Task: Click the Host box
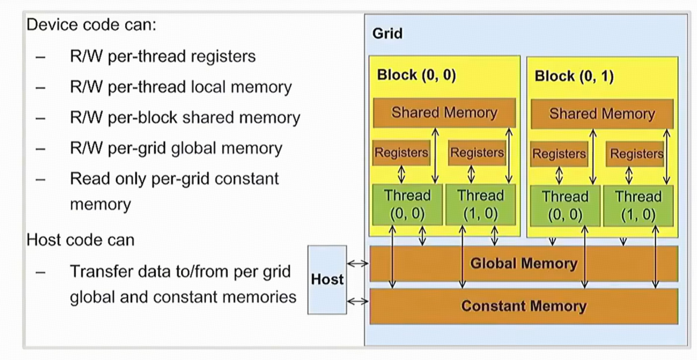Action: (327, 280)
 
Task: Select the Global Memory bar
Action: (524, 263)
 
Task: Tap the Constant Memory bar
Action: (524, 306)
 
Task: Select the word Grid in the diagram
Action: (387, 34)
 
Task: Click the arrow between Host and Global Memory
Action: (358, 263)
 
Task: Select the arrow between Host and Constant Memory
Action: (358, 301)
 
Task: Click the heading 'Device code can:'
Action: (91, 24)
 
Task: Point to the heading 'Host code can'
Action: (80, 240)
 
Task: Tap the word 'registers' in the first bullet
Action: (223, 56)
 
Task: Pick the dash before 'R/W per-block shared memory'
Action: (41, 118)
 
